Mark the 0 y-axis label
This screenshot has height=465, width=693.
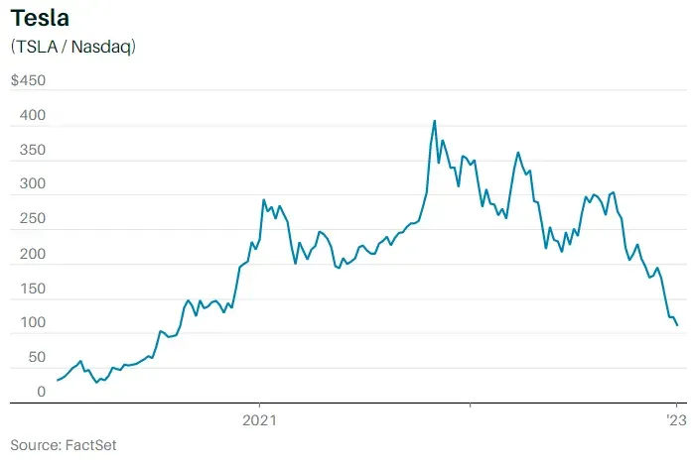pyautogui.click(x=41, y=393)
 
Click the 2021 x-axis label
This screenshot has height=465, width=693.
pyautogui.click(x=260, y=420)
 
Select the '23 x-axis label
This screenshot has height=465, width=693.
pyautogui.click(x=675, y=420)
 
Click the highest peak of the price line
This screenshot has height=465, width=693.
pyautogui.click(x=434, y=121)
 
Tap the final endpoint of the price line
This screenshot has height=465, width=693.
pyautogui.click(x=677, y=325)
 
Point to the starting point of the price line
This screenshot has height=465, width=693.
pyautogui.click(x=57, y=381)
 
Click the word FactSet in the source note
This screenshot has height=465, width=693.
pyautogui.click(x=91, y=445)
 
